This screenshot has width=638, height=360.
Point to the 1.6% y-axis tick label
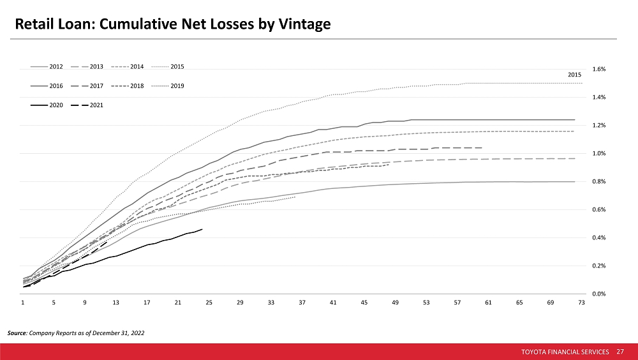599,69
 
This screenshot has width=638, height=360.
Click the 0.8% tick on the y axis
599,181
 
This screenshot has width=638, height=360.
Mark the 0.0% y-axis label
599,294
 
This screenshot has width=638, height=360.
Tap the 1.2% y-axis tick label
599,125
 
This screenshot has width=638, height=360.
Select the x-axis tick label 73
581,303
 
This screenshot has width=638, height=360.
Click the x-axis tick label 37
302,303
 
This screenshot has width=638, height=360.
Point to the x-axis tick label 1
23,303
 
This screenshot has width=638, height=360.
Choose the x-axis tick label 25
209,303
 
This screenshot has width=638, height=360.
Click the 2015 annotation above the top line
574,75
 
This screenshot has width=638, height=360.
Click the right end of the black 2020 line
202,229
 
